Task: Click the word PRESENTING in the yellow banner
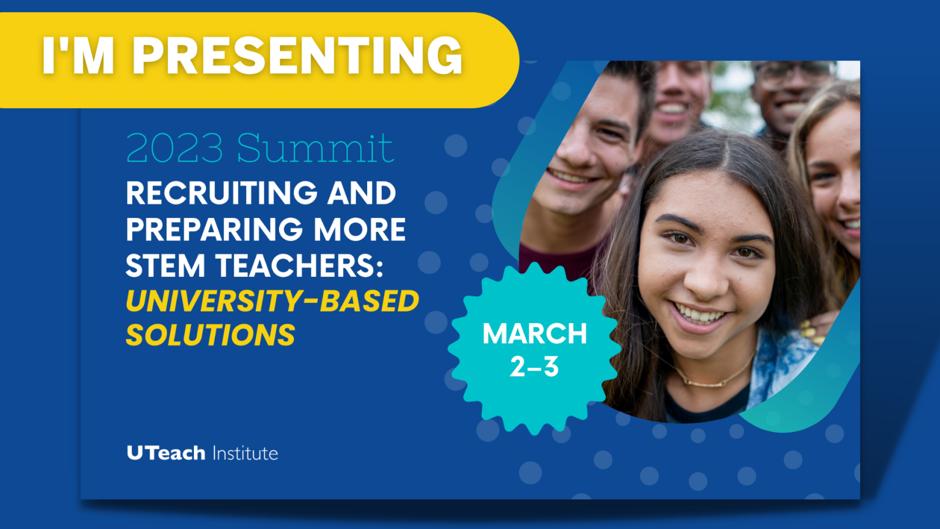click(x=299, y=55)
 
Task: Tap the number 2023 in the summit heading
click(x=174, y=148)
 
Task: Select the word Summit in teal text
click(x=315, y=148)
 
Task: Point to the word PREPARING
click(x=214, y=229)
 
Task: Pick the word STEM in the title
click(x=165, y=266)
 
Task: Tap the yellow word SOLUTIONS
click(x=211, y=334)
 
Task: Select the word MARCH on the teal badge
click(x=535, y=334)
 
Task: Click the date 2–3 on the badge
click(x=534, y=367)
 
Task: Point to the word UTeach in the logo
click(x=166, y=453)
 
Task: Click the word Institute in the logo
click(x=246, y=453)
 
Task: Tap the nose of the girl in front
click(x=706, y=282)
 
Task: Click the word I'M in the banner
click(x=78, y=55)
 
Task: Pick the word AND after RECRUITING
click(x=362, y=193)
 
